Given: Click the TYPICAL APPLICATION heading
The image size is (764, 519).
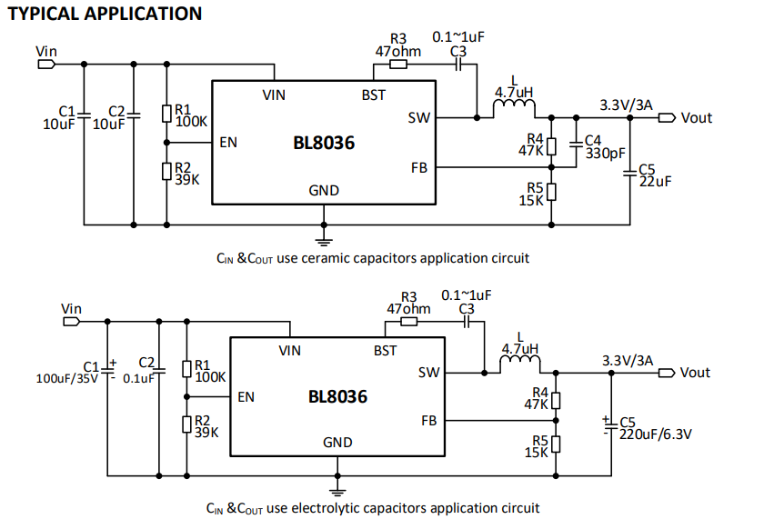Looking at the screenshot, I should (106, 14).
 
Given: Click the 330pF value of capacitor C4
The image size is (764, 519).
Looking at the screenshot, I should (606, 154).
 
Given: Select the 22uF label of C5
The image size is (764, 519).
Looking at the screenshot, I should (655, 182).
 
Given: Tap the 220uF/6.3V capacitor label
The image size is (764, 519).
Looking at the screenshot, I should (655, 435).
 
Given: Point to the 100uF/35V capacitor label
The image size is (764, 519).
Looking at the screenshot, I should (66, 377).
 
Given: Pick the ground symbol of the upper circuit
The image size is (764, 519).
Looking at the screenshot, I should (322, 238).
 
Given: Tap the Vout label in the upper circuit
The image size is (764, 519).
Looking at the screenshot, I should (697, 117).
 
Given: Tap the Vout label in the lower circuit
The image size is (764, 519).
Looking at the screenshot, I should (695, 373).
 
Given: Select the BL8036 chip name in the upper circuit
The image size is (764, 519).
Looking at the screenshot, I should (324, 143).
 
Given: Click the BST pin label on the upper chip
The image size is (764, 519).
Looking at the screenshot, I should (373, 95).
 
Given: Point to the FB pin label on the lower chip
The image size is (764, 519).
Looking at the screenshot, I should (429, 421).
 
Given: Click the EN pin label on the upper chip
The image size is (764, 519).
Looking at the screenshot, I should (229, 142).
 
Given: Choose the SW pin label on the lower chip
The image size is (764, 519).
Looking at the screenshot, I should (429, 372).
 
